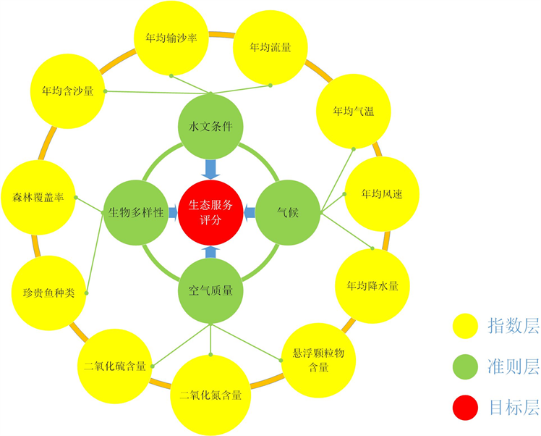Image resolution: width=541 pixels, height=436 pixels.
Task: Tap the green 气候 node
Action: (288, 213)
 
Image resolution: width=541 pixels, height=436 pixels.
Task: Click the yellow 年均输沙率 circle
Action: (172, 38)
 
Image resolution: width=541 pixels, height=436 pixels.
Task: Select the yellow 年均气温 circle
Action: (352, 112)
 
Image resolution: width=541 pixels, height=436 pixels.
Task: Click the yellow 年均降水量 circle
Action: (372, 285)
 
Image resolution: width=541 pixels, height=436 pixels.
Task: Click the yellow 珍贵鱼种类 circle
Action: (48, 293)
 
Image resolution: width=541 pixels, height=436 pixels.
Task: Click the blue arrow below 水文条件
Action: (210, 168)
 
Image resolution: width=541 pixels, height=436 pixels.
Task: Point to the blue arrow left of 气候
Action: (250, 212)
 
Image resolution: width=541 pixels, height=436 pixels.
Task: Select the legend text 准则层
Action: (514, 367)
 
